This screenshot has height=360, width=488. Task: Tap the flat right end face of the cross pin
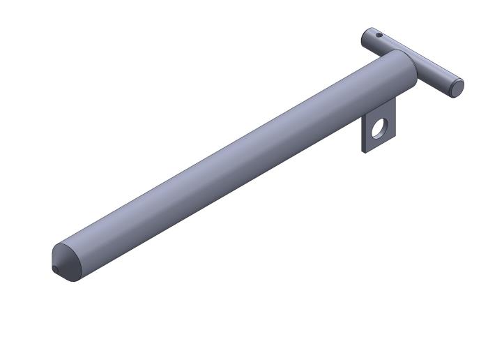click(x=457, y=88)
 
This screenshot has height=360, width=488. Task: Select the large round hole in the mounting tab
click(x=379, y=128)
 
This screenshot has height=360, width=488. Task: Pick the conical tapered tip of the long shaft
click(x=67, y=262)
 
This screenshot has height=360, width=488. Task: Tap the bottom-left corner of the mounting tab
click(x=363, y=151)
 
